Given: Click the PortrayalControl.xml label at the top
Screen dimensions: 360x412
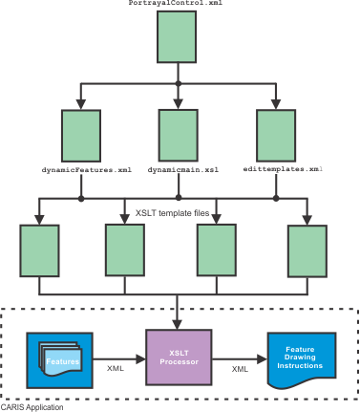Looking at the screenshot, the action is (x=176, y=3).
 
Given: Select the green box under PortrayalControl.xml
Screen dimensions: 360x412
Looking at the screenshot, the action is (x=177, y=36).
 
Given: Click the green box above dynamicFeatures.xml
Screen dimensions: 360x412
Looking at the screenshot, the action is (x=81, y=136).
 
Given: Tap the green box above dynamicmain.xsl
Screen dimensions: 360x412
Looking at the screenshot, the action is (x=179, y=136).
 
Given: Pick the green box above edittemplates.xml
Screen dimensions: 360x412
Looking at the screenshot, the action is (x=276, y=136).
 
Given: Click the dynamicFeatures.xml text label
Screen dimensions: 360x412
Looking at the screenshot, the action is (x=87, y=170).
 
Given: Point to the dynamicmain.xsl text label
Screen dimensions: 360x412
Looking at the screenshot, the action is (x=183, y=170).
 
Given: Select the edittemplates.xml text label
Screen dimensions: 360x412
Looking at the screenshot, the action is (x=283, y=169).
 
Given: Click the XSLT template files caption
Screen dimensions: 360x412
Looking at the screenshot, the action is (x=172, y=213).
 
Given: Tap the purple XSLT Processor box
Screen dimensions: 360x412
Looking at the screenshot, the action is (x=179, y=358).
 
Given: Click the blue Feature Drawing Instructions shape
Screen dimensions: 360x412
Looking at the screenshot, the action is (x=302, y=360).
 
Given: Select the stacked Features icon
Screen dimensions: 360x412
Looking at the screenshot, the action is (x=60, y=359).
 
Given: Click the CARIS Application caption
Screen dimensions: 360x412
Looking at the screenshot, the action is (x=32, y=407).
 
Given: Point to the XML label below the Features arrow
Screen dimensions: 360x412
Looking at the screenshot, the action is (x=116, y=368).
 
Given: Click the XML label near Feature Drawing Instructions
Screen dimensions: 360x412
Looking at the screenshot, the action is (x=240, y=369).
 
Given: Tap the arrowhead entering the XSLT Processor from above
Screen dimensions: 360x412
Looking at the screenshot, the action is (x=177, y=325).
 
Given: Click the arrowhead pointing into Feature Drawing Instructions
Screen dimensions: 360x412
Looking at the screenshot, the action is (x=262, y=359).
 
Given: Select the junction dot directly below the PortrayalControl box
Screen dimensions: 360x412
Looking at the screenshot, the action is (x=179, y=83).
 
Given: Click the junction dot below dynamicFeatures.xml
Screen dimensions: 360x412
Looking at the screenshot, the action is (x=81, y=199).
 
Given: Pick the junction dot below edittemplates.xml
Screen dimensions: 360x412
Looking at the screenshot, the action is (x=276, y=199).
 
